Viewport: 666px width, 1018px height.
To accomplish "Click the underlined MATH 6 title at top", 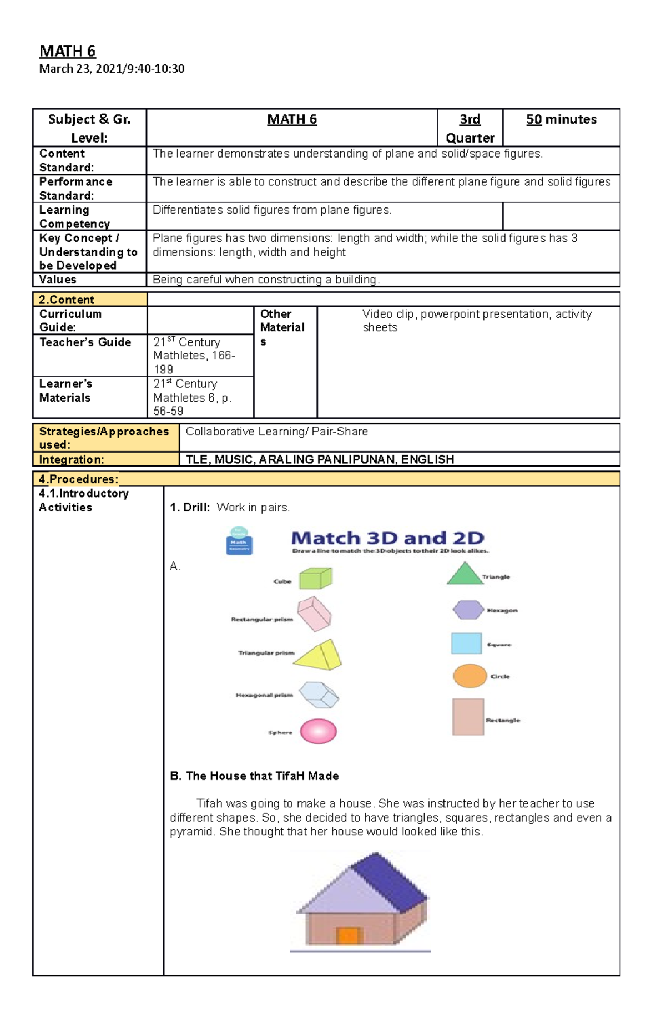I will pyautogui.click(x=67, y=52).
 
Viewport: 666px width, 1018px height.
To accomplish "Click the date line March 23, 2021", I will pyautogui.click(x=111, y=69).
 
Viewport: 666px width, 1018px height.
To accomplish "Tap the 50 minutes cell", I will pyautogui.click(x=561, y=120).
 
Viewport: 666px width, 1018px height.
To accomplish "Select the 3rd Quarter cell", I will pyautogui.click(x=470, y=128).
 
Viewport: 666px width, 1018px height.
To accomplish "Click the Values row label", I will pyautogui.click(x=58, y=280).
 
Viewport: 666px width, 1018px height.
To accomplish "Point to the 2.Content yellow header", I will pyautogui.click(x=67, y=300).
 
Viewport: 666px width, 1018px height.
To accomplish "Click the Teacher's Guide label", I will pyautogui.click(x=85, y=342).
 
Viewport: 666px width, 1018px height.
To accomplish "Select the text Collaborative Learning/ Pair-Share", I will pyautogui.click(x=276, y=432).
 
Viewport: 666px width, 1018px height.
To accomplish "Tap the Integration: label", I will pyautogui.click(x=72, y=459).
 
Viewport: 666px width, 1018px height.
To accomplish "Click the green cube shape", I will pyautogui.click(x=315, y=579).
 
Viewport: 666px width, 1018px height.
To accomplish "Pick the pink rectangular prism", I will pyautogui.click(x=314, y=614).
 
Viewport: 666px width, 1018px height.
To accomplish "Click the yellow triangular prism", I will pyautogui.click(x=319, y=655).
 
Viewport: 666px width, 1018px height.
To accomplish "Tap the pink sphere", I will pyautogui.click(x=318, y=731).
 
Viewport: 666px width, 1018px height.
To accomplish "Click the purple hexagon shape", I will pyautogui.click(x=468, y=610).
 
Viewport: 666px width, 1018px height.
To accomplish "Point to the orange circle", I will pyautogui.click(x=470, y=676).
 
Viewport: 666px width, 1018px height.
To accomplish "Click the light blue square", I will pyautogui.click(x=466, y=644).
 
